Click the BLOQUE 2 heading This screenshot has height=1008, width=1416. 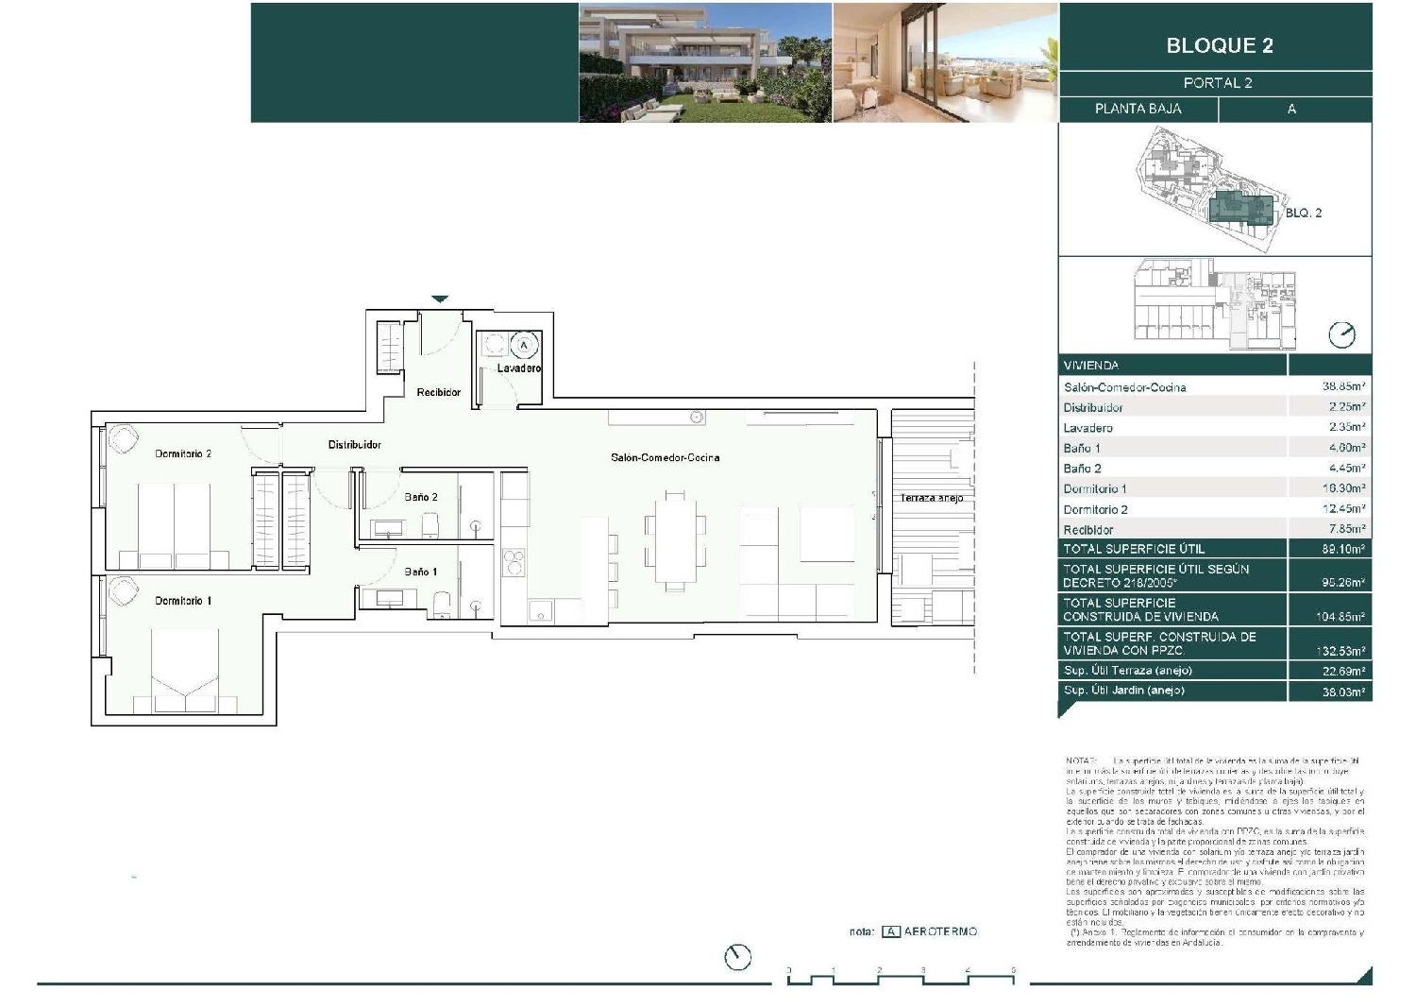1219,45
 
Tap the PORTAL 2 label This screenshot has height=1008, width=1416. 1217,83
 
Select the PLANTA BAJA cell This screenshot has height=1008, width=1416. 1138,109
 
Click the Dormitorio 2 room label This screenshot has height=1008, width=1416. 183,454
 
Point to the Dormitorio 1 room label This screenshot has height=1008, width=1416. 183,601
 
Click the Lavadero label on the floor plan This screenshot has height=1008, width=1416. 518,368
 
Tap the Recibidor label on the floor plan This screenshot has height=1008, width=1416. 438,392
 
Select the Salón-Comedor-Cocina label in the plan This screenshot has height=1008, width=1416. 665,458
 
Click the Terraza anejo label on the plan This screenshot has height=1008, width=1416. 931,498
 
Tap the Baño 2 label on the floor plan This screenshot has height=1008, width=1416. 421,497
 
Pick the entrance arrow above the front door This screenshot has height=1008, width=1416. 440,299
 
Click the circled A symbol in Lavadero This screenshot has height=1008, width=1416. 525,344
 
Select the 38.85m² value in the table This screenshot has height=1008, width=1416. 1343,387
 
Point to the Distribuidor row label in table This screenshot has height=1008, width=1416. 1093,408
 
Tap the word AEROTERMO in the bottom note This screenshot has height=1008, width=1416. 940,931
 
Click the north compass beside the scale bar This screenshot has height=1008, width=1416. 737,957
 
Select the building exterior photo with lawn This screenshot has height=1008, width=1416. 705,62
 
